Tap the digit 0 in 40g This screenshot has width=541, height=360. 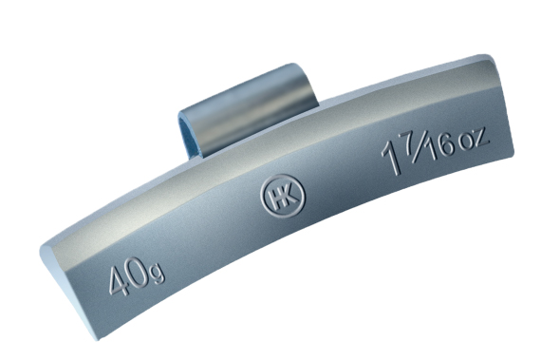(139, 273)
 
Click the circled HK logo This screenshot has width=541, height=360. (283, 196)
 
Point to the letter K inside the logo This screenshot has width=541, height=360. (289, 195)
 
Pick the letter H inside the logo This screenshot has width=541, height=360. (276, 199)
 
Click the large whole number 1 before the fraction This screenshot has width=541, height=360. (392, 160)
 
